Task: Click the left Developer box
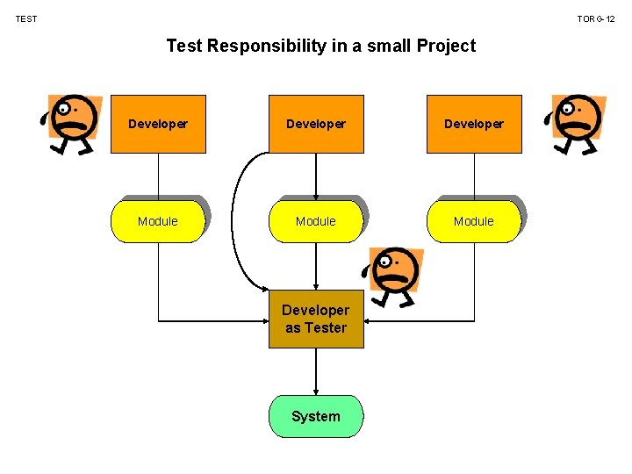(x=158, y=124)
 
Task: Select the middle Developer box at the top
(x=316, y=124)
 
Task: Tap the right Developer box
(x=474, y=124)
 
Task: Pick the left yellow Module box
(x=158, y=221)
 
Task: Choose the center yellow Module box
(x=316, y=221)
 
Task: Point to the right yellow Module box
(x=474, y=221)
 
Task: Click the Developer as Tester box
(x=316, y=319)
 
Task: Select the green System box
(x=316, y=416)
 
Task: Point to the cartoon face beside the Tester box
(x=395, y=274)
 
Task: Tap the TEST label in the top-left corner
(x=26, y=18)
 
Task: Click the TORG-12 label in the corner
(x=596, y=18)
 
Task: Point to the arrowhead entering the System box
(x=316, y=391)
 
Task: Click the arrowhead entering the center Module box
(x=316, y=196)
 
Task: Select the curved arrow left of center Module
(x=233, y=219)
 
